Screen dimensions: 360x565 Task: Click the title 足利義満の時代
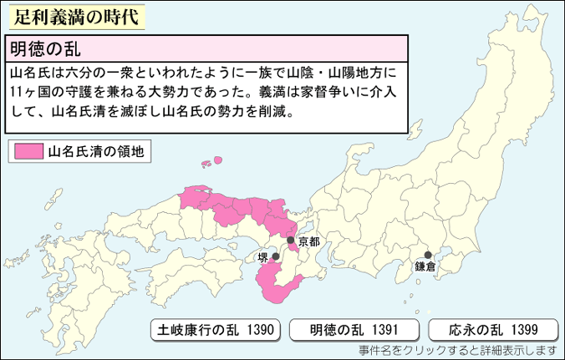(x=74, y=17)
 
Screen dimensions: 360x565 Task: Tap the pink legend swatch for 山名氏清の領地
(x=26, y=152)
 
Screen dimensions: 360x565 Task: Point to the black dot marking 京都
(x=290, y=241)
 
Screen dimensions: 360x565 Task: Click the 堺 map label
(x=263, y=257)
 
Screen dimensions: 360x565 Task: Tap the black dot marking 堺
(x=275, y=257)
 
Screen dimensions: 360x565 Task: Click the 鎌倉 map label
(x=425, y=267)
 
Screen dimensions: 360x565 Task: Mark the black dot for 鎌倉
(x=427, y=255)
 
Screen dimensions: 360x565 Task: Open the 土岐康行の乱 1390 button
(x=215, y=329)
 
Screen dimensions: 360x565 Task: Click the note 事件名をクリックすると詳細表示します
(x=457, y=350)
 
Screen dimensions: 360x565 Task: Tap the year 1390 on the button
(x=259, y=329)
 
